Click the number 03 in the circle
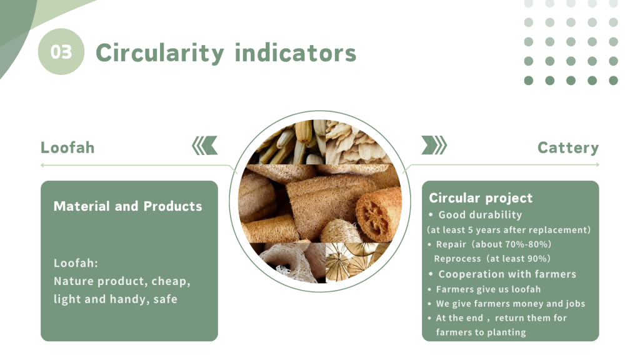(x=61, y=52)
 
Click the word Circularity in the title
(x=160, y=53)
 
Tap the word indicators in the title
(x=296, y=53)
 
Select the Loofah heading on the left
(x=67, y=147)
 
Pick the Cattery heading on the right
(x=568, y=147)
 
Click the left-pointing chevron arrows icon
(x=205, y=146)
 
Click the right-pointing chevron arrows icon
(x=434, y=145)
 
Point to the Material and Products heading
(x=127, y=206)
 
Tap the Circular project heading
(x=481, y=198)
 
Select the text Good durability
(x=480, y=215)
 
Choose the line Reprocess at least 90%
(x=492, y=258)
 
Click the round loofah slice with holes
(x=377, y=214)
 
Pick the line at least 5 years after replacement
(x=509, y=230)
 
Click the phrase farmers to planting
(x=481, y=332)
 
